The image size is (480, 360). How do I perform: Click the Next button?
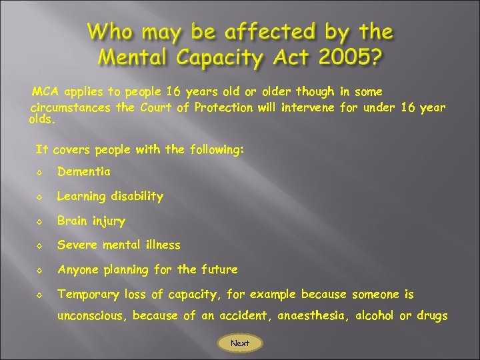point(240,343)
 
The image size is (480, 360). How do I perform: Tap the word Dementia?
point(84,171)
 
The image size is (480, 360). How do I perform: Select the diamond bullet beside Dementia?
point(40,172)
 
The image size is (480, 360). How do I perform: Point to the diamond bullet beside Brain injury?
point(40,221)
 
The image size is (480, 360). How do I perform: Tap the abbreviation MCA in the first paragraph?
point(46,91)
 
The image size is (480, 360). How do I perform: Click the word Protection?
point(224,107)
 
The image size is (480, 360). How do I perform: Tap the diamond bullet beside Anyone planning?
point(40,270)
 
